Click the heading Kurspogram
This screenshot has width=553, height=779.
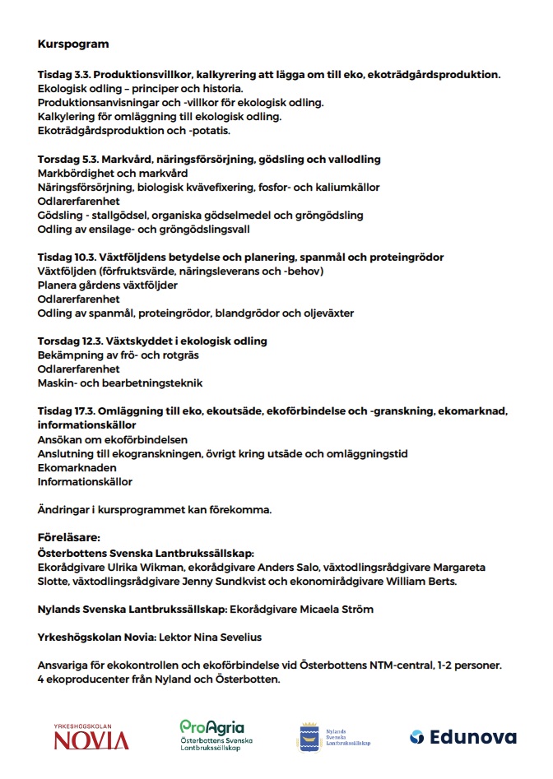click(x=73, y=43)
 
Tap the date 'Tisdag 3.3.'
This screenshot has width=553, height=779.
click(x=64, y=74)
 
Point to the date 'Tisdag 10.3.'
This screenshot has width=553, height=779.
click(x=67, y=257)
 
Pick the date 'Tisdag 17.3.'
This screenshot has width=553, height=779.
click(x=67, y=411)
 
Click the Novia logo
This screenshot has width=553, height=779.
click(x=91, y=736)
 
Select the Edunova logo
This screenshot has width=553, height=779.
click(x=462, y=736)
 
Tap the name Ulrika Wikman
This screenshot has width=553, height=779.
click(x=142, y=568)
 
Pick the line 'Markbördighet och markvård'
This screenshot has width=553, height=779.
click(x=113, y=174)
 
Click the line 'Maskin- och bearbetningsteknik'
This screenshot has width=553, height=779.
click(x=120, y=383)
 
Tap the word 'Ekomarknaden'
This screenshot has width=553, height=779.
click(x=77, y=467)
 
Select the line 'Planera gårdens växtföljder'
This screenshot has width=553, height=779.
click(x=108, y=285)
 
